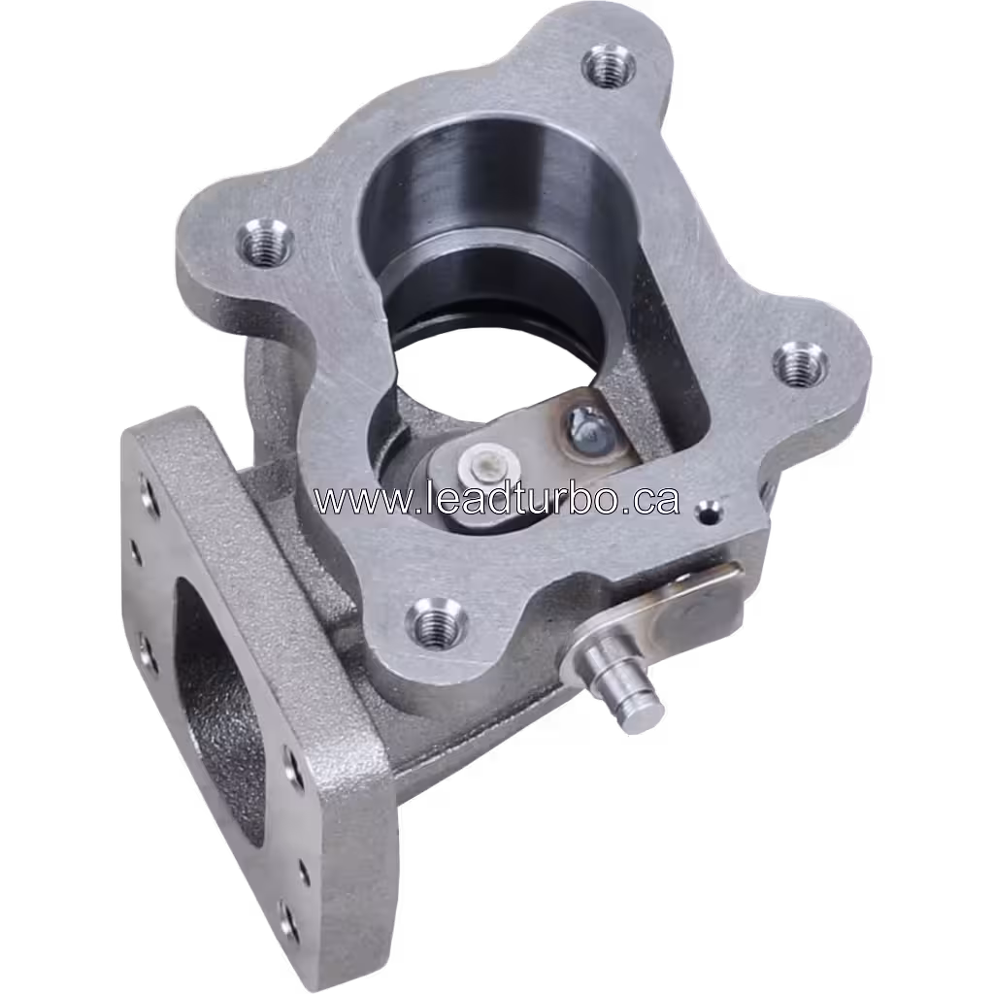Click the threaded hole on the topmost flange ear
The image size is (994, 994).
[609, 66]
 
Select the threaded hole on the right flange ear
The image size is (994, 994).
[799, 365]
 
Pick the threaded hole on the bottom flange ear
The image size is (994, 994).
[434, 620]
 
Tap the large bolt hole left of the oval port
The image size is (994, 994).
[148, 652]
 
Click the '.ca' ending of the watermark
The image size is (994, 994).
[651, 500]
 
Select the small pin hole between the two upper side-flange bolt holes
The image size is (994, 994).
[137, 553]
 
